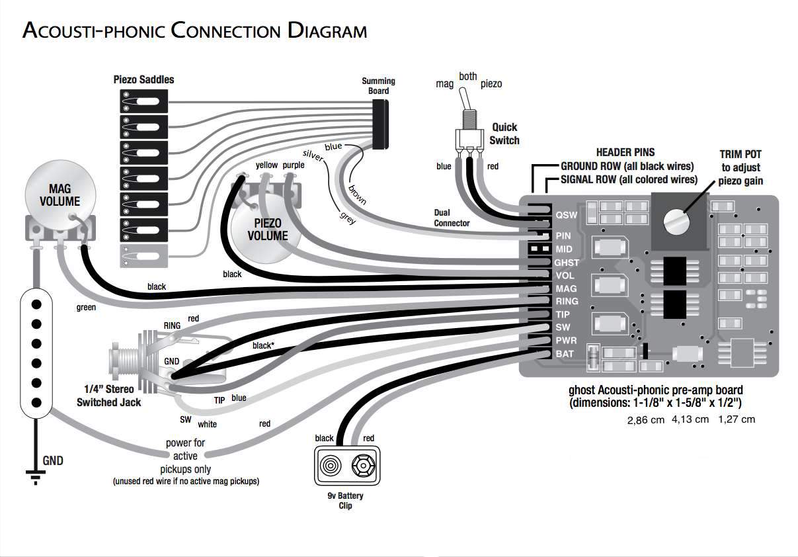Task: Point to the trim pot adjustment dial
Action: (x=674, y=220)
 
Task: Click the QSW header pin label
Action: (x=567, y=215)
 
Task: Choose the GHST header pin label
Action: (x=567, y=263)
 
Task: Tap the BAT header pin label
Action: (x=565, y=354)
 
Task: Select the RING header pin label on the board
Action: (x=567, y=301)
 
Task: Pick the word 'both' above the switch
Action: (x=467, y=77)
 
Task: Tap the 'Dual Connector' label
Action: (x=452, y=218)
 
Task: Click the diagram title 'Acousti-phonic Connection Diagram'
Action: (x=194, y=30)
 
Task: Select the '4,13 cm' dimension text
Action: (x=690, y=419)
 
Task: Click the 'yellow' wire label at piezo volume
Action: (x=266, y=165)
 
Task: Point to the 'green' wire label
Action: (x=87, y=308)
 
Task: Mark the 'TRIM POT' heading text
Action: (x=740, y=153)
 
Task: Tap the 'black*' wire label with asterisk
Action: (x=263, y=345)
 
